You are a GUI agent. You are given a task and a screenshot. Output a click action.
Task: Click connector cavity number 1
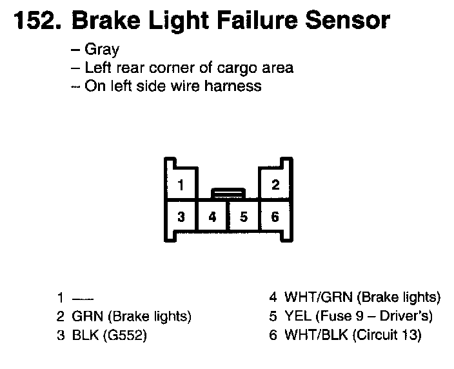[181, 186]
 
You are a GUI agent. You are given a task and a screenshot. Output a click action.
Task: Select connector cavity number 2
[275, 186]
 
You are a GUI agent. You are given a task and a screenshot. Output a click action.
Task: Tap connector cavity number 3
[181, 217]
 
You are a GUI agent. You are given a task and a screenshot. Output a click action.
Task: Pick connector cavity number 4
[213, 217]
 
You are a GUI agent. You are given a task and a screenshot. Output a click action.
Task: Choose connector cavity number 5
[244, 217]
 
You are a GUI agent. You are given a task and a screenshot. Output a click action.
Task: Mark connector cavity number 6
[275, 217]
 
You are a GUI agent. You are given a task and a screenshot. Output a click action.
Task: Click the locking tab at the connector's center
[228, 192]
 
